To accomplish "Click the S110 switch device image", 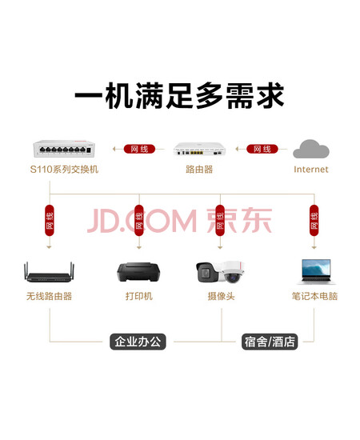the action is coord(64,149).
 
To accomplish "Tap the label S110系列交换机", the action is coord(64,170).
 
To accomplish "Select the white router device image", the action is coord(199,149).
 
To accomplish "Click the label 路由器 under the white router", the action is coord(199,170).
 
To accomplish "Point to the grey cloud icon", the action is coord(311,149).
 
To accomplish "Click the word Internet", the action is coord(311,170).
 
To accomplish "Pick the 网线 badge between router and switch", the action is coord(139,149).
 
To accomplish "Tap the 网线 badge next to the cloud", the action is coord(262,149).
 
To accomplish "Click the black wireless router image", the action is coord(49,272).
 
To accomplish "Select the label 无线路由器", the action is coord(49,296).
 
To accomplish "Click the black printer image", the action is coord(138,272).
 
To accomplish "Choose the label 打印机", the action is coord(139,296).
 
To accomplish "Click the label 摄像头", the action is coord(221,296).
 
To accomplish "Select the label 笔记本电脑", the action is coord(314,296).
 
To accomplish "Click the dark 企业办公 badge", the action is coord(138,342).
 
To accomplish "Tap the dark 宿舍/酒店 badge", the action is coord(270,342).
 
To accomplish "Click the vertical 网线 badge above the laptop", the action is coord(314,221).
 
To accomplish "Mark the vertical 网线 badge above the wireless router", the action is coord(50,221).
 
